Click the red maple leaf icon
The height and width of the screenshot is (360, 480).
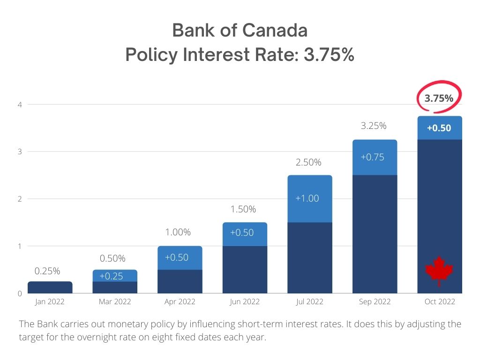tap(439, 270)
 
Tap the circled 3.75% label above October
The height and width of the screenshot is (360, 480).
tap(439, 98)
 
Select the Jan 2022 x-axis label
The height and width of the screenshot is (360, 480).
tap(50, 302)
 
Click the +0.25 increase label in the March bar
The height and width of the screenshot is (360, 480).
tap(112, 276)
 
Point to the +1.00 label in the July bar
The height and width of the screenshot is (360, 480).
tap(307, 198)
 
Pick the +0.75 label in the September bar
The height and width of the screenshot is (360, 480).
tap(372, 157)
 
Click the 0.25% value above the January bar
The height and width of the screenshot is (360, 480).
tap(47, 271)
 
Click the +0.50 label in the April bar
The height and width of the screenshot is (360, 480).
tap(177, 257)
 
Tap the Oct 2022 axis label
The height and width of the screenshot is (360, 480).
tap(440, 302)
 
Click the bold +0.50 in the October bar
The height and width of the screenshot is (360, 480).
tap(439, 128)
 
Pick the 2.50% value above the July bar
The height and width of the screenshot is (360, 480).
tap(308, 163)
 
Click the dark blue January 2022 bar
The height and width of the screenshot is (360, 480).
tap(50, 287)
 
